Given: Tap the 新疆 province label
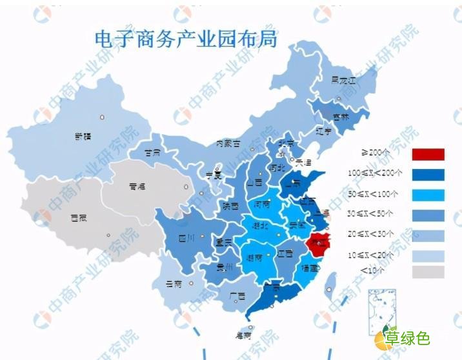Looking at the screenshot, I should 83,136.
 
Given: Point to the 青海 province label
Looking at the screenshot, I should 137,186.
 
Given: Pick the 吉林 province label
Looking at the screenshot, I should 340,117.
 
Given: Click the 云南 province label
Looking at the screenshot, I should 174,283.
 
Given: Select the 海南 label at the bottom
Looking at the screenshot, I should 243,335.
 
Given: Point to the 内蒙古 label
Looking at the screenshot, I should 228,143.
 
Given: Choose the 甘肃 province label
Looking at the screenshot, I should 153,154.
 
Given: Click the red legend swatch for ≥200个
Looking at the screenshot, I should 428,154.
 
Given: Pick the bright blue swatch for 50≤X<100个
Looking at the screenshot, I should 428,194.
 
